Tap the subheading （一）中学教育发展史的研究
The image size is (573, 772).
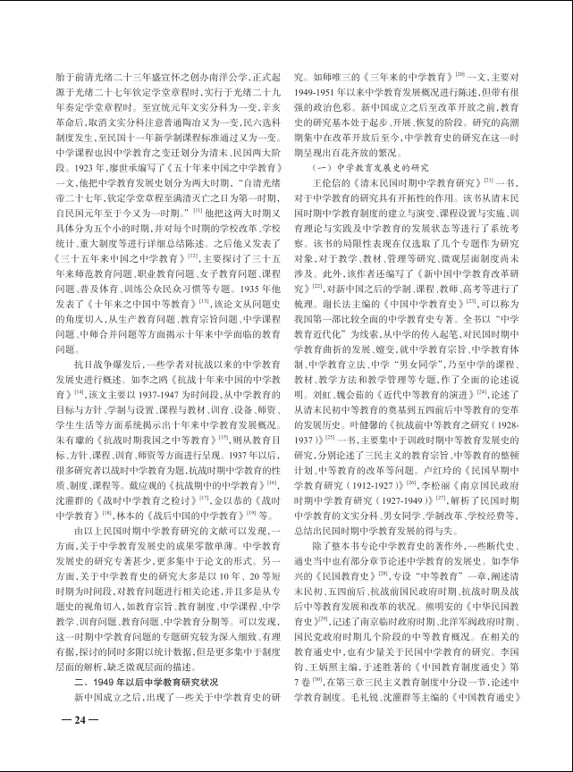(368, 168)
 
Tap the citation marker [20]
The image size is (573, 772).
(459, 73)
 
